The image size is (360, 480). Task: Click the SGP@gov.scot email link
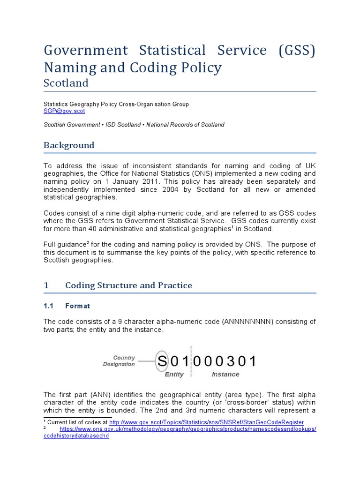pyautogui.click(x=64, y=112)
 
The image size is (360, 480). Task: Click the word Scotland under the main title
pyautogui.click(x=66, y=83)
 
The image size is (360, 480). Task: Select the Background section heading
pyautogui.click(x=69, y=145)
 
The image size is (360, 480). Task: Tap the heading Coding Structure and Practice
pyautogui.click(x=128, y=285)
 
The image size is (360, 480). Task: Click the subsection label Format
pyautogui.click(x=77, y=306)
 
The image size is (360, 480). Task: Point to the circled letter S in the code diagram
pyautogui.click(x=162, y=361)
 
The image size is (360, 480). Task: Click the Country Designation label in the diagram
pyautogui.click(x=119, y=360)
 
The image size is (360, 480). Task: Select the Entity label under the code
pyautogui.click(x=174, y=375)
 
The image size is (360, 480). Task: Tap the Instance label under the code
pyautogui.click(x=225, y=375)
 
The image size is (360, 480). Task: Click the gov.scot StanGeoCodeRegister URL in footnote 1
pyautogui.click(x=206, y=422)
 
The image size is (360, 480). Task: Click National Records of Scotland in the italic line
pyautogui.click(x=190, y=125)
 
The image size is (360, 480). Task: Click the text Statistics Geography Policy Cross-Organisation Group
pyautogui.click(x=116, y=104)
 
